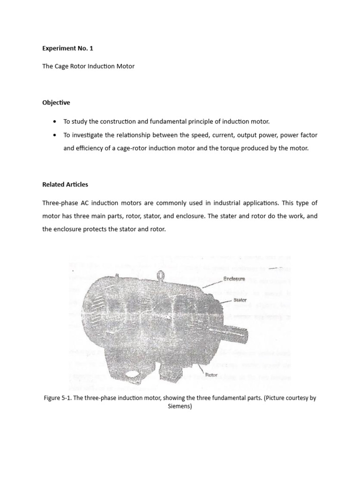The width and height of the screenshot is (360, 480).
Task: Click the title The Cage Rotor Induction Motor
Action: pyautogui.click(x=88, y=66)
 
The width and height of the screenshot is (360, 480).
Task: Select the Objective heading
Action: pyautogui.click(x=56, y=102)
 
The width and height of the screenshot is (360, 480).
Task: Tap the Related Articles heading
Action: pyautogui.click(x=65, y=184)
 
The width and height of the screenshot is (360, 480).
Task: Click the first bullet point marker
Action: pyautogui.click(x=56, y=121)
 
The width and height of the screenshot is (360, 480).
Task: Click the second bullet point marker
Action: pyautogui.click(x=56, y=135)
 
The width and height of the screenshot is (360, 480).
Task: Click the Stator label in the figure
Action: pyautogui.click(x=240, y=300)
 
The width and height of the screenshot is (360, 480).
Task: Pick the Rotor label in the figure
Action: pyautogui.click(x=211, y=375)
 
